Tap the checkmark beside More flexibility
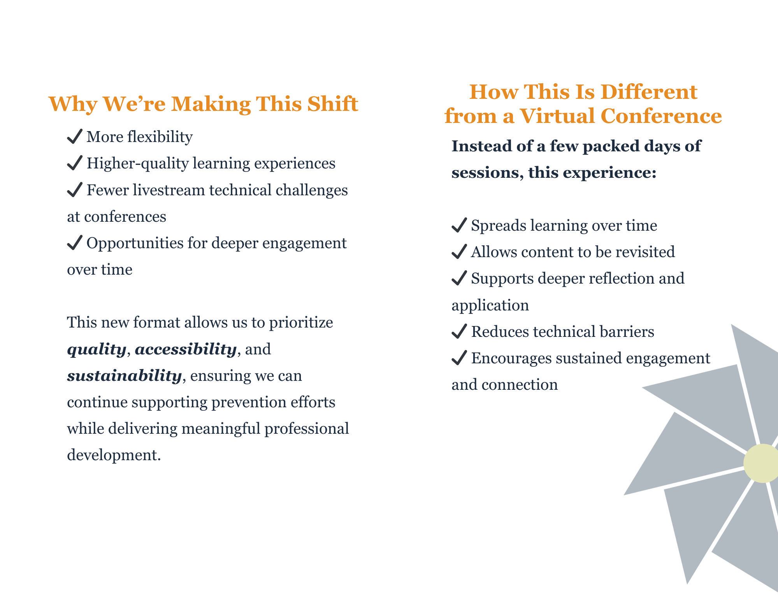(x=74, y=137)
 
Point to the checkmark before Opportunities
(x=74, y=243)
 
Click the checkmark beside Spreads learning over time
(x=459, y=225)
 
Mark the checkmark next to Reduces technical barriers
(x=459, y=331)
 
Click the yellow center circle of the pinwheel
(x=762, y=463)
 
